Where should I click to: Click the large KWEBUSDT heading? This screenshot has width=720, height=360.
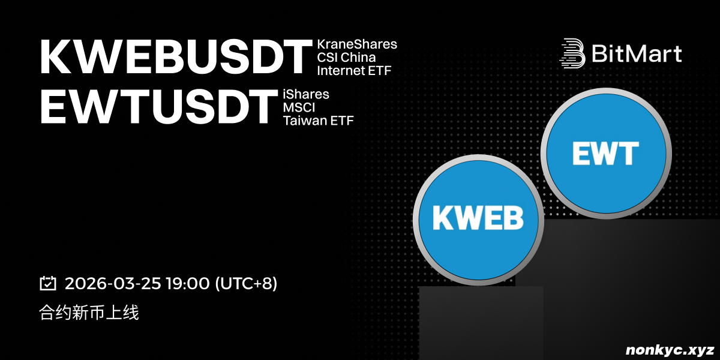coord(176,57)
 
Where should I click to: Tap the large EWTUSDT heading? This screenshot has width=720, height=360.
coord(159,107)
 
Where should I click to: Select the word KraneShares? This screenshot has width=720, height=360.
coord(357,44)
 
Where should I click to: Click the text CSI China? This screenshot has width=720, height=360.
coord(346,58)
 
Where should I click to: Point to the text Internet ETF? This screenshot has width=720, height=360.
coord(354,71)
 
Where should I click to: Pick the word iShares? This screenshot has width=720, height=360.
coord(305,95)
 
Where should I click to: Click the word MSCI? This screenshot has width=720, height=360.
coord(299,107)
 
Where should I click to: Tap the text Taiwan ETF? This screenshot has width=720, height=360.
coord(318,121)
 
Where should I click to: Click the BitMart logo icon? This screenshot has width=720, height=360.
coord(572,53)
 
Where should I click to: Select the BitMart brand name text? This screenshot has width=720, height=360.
coord(637,53)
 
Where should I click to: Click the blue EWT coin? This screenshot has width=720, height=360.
coord(606,154)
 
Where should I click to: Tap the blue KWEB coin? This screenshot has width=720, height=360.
coord(478,220)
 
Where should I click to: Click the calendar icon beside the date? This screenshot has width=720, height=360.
coord(48,283)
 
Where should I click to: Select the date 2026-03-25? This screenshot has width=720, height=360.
coord(113,283)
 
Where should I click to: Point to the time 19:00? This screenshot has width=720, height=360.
coord(188,283)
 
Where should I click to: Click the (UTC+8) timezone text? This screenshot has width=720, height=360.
coord(246,284)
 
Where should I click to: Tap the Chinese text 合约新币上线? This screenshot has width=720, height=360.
coord(89,313)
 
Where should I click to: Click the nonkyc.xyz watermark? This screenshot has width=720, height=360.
coord(670,350)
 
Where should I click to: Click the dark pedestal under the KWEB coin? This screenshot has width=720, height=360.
coord(481,323)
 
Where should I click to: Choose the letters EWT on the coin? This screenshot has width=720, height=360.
coord(605,154)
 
